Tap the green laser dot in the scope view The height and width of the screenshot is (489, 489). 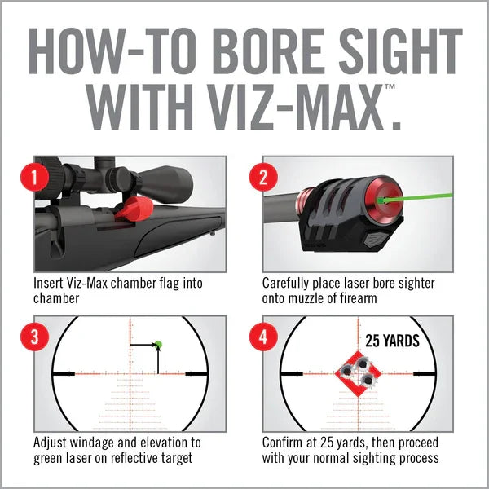[158, 345]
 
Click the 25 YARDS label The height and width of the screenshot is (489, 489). [392, 341]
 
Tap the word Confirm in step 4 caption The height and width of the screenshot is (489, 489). [285, 443]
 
